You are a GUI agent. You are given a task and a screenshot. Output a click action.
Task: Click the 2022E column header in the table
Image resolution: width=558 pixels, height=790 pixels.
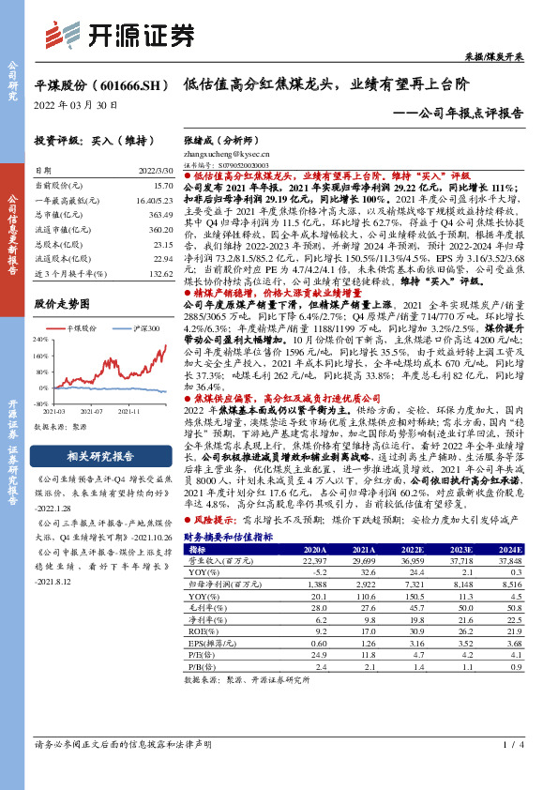tap(395, 549)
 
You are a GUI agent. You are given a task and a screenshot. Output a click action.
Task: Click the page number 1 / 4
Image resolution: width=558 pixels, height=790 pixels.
tap(512, 770)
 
